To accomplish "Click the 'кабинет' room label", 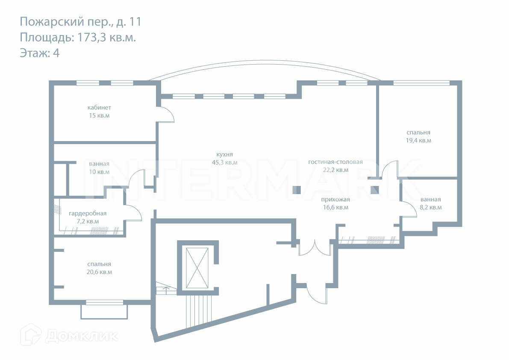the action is (x=99, y=108).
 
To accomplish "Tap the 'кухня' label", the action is (x=224, y=155).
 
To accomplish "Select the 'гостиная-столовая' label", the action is (x=335, y=162).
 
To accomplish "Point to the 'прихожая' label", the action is (x=335, y=200).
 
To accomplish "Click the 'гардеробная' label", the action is (x=88, y=213).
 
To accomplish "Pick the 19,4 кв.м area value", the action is (x=418, y=140).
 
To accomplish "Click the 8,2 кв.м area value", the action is (x=430, y=207).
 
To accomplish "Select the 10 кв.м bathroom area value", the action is (x=99, y=172).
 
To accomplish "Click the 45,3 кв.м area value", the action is (x=224, y=162).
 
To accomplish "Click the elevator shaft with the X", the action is (x=197, y=268).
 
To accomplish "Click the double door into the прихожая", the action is (x=315, y=248).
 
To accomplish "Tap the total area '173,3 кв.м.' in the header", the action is (x=106, y=37).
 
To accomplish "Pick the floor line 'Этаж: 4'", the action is (x=39, y=53).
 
